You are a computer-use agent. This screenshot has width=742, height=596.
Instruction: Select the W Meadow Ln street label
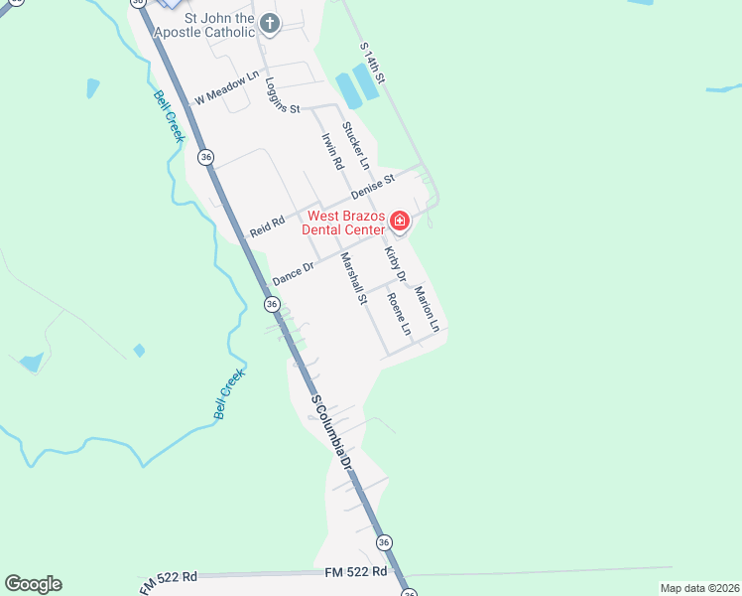(226, 87)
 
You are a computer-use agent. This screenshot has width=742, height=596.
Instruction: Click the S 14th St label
(372, 63)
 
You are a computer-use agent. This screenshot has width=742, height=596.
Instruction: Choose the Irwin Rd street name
(331, 150)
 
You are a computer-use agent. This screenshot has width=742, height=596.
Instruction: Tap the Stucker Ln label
(355, 144)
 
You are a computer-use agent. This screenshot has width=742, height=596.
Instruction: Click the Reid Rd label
(268, 226)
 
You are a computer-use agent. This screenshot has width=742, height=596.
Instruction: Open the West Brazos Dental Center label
(345, 223)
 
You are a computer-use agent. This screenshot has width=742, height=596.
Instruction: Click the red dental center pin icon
(400, 221)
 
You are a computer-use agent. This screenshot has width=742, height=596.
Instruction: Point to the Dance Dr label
(293, 273)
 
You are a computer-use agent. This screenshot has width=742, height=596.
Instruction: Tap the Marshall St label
(354, 278)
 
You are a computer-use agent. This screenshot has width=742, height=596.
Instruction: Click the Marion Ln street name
(427, 308)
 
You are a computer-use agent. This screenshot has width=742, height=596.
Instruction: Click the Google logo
(33, 584)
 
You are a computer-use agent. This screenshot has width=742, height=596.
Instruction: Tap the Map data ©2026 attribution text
(699, 588)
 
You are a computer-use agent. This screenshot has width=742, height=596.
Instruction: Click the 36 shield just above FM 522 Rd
(384, 542)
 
